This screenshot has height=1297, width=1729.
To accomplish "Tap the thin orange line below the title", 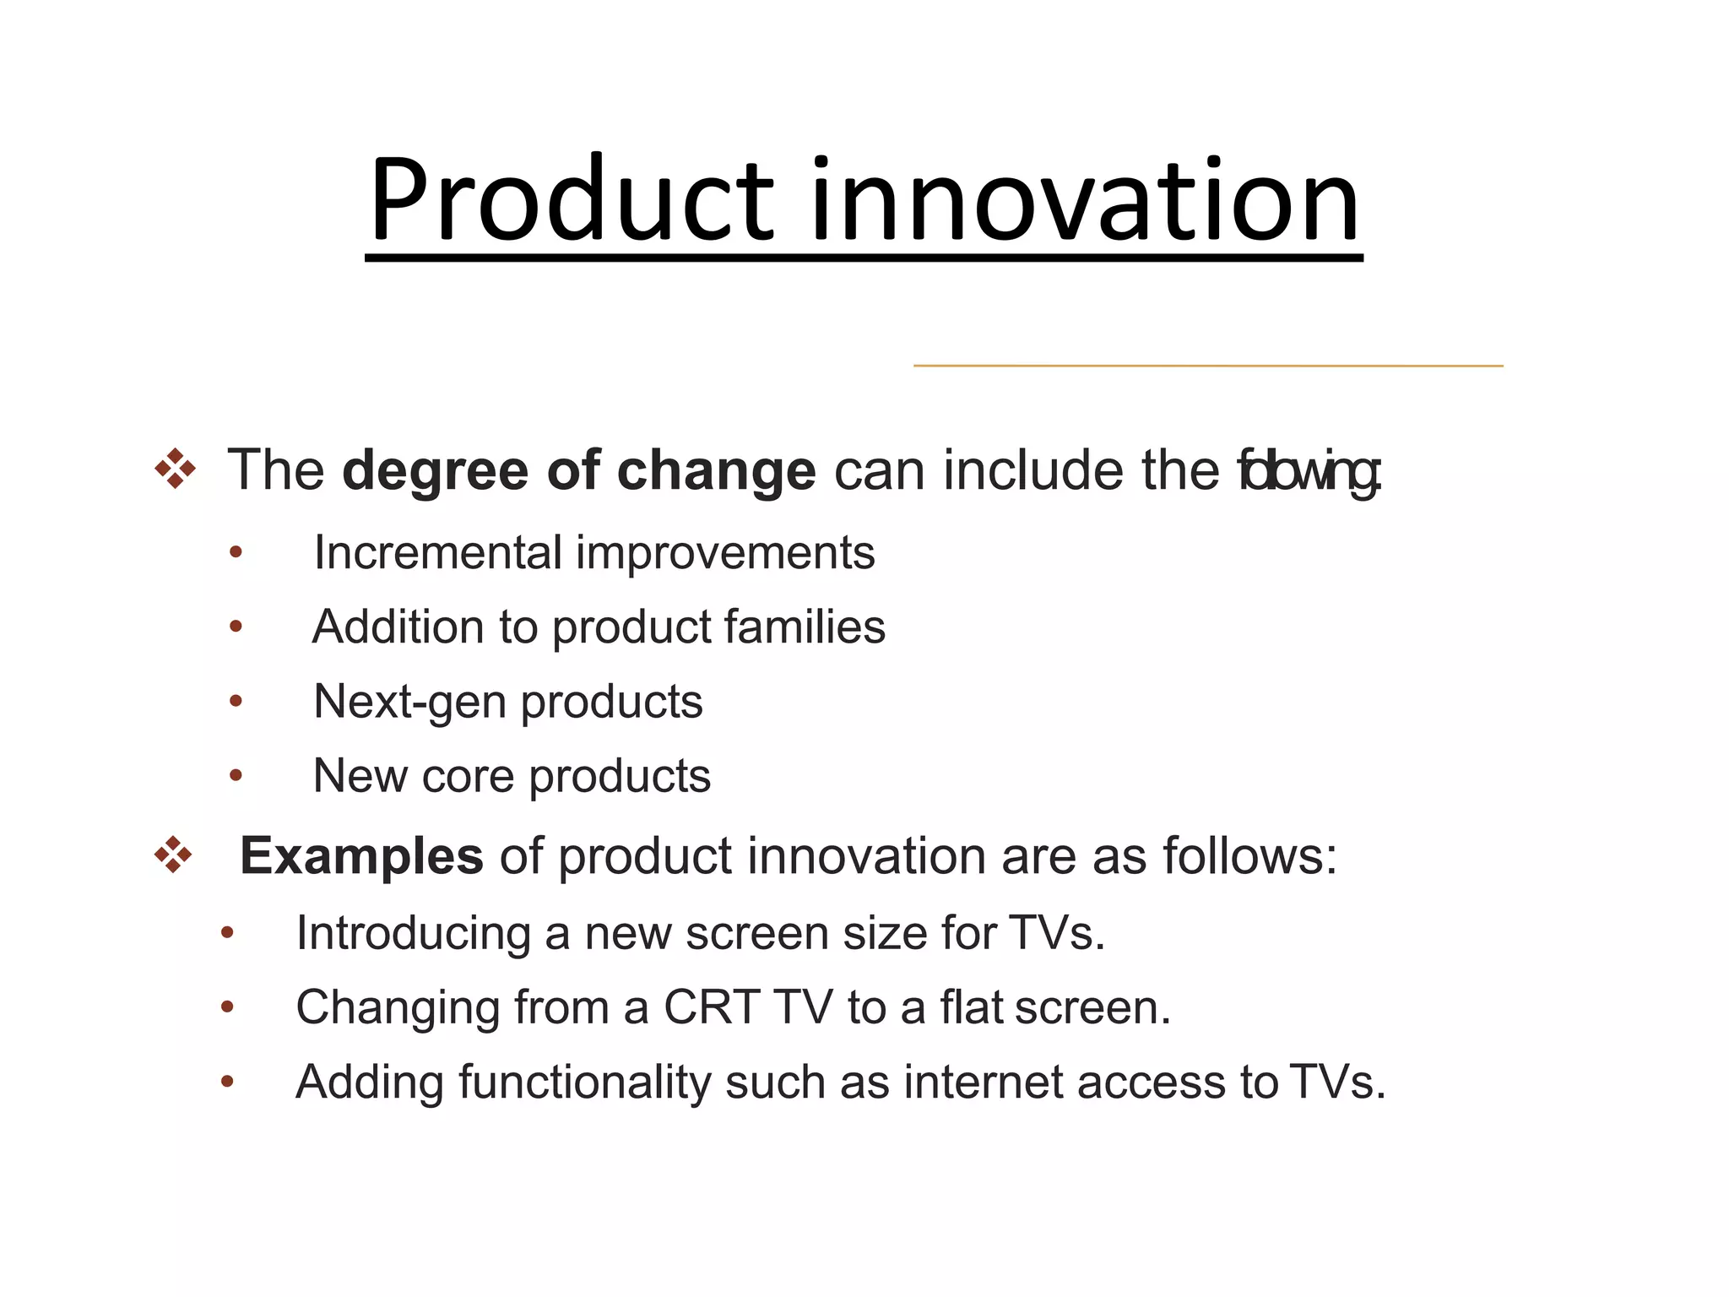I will (1207, 366).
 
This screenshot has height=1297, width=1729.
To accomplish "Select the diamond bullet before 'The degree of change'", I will (175, 469).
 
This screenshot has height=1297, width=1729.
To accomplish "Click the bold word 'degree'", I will (435, 471).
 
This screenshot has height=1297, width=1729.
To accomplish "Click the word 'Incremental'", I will (437, 553).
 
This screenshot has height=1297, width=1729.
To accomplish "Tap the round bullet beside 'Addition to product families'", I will (236, 627).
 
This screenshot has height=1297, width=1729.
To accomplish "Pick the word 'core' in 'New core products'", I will (468, 776).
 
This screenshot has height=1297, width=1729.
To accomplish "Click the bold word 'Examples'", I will (361, 856).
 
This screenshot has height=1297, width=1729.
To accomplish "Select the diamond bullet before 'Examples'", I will (173, 855).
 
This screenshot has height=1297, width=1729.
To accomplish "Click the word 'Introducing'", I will (413, 934).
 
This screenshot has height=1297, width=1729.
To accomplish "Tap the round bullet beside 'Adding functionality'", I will (226, 1082).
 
